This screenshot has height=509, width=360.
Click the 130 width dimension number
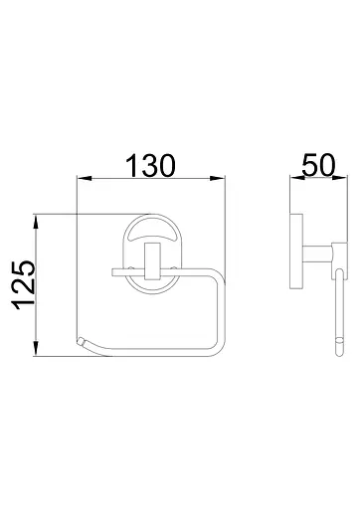[150, 165]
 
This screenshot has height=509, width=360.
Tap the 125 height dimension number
[23, 285]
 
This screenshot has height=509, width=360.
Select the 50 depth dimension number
[318, 165]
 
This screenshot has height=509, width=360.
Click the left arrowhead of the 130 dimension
[84, 179]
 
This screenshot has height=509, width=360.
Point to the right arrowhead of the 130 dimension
[218, 179]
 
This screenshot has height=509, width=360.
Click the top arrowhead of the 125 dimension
[37, 222]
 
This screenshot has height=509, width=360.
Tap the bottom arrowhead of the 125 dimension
[37, 349]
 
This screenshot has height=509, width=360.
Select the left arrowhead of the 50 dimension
[297, 178]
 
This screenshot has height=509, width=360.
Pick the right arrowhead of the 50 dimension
[340, 178]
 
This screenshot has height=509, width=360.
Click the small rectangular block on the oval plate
[153, 260]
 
